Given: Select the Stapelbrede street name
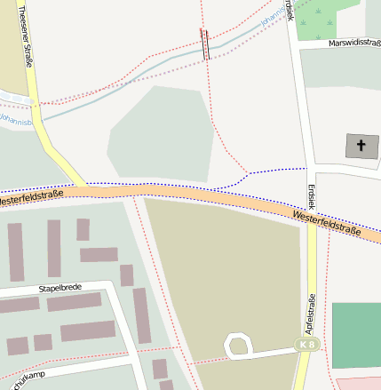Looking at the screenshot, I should (60, 289).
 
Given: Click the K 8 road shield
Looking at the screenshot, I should (307, 344).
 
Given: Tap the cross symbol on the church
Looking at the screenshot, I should (361, 146).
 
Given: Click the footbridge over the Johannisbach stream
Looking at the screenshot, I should (206, 44).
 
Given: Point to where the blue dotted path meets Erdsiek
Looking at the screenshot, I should (307, 167).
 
